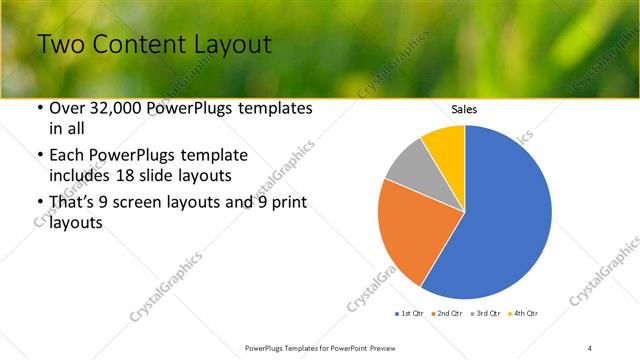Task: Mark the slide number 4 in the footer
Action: (589, 347)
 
